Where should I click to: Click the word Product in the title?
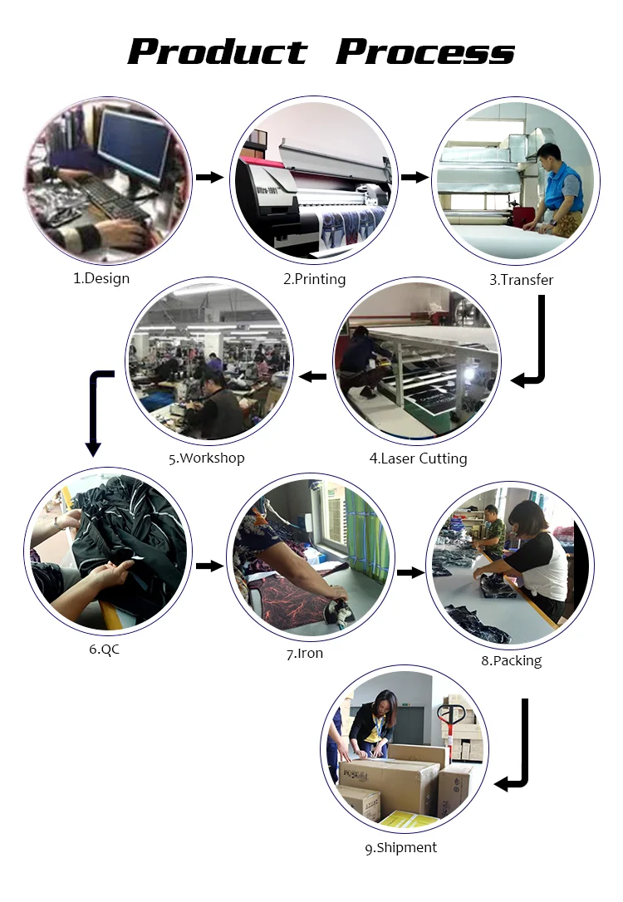pyautogui.click(x=218, y=51)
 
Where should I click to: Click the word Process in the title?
pyautogui.click(x=425, y=51)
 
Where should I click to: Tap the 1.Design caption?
pyautogui.click(x=101, y=278)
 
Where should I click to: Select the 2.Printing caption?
pyautogui.click(x=314, y=279)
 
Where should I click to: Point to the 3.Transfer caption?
pyautogui.click(x=521, y=280)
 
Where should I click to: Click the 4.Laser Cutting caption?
pyautogui.click(x=418, y=458)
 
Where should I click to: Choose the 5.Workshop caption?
pyautogui.click(x=207, y=458)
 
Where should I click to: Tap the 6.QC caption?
pyautogui.click(x=105, y=649)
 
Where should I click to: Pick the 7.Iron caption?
pyautogui.click(x=305, y=654)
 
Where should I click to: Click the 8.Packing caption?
pyautogui.click(x=511, y=661)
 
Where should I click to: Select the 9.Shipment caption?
pyautogui.click(x=400, y=847)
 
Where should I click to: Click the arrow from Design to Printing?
pyautogui.click(x=210, y=177)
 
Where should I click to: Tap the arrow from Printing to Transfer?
pyautogui.click(x=415, y=177)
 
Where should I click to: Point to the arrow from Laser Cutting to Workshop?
pyautogui.click(x=312, y=377)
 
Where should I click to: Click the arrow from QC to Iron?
pyautogui.click(x=210, y=566)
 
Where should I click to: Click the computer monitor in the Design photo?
pyautogui.click(x=133, y=150)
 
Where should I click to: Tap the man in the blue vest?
pyautogui.click(x=557, y=191)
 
